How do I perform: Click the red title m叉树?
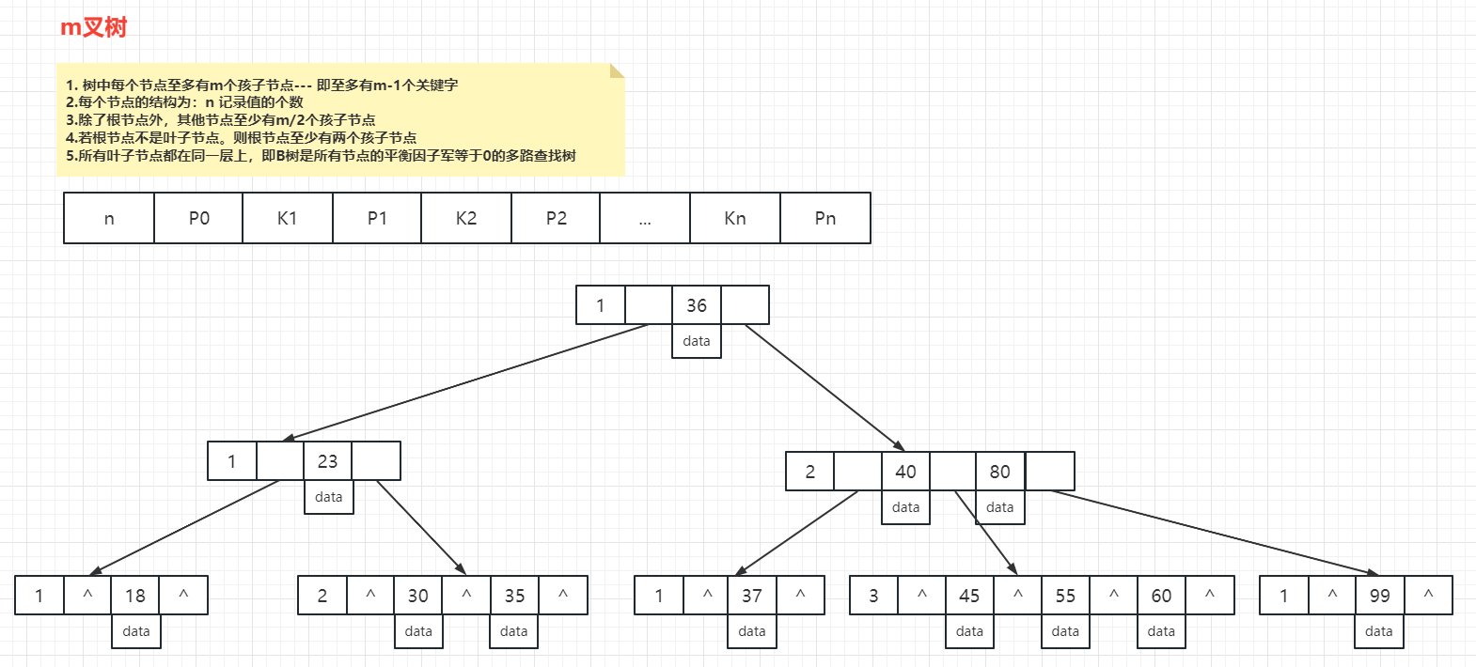pyautogui.click(x=93, y=27)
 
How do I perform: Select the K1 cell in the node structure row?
pyautogui.click(x=288, y=218)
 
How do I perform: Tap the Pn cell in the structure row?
pyautogui.click(x=825, y=218)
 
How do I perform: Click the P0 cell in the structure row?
pyautogui.click(x=198, y=218)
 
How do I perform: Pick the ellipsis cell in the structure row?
pyautogui.click(x=645, y=218)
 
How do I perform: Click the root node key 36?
pyautogui.click(x=697, y=305)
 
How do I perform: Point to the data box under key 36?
pyautogui.click(x=697, y=341)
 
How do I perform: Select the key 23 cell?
pyautogui.click(x=327, y=461)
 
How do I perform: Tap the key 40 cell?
pyautogui.click(x=905, y=472)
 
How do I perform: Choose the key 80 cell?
pyautogui.click(x=1000, y=472)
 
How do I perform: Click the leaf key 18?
pyautogui.click(x=135, y=596)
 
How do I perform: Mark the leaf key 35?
pyautogui.click(x=514, y=596)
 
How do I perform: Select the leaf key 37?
pyautogui.click(x=752, y=596)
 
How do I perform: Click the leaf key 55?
pyautogui.click(x=1065, y=596)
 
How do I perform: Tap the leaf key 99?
pyautogui.click(x=1379, y=596)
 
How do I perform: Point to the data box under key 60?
pyautogui.click(x=1161, y=631)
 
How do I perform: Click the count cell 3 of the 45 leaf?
pyautogui.click(x=873, y=596)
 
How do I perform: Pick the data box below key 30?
pyautogui.click(x=418, y=631)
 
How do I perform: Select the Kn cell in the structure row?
pyautogui.click(x=735, y=218)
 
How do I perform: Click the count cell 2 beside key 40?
pyautogui.click(x=810, y=472)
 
